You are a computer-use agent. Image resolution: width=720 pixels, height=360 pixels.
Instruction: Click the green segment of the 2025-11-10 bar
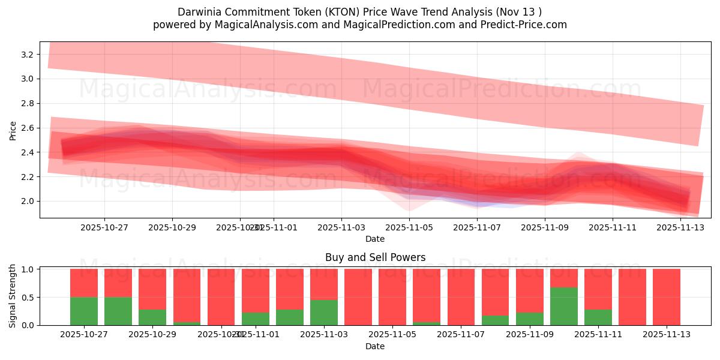(x=563, y=307)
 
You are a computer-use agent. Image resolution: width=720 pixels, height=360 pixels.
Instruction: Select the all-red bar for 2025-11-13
(x=666, y=297)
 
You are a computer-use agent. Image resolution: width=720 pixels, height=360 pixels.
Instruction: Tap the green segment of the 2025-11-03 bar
(x=324, y=313)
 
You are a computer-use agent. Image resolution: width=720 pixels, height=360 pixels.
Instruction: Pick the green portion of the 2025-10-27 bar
(x=84, y=311)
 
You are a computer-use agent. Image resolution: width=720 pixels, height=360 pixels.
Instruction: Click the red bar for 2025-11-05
(x=392, y=297)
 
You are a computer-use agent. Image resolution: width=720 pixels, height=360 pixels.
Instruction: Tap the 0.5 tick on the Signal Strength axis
(x=28, y=298)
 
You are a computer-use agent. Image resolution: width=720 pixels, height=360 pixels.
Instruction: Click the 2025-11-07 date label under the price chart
(x=477, y=228)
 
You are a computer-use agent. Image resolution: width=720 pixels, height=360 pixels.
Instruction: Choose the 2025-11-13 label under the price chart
(x=680, y=228)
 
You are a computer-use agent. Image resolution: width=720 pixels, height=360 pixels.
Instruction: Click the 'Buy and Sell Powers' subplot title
(x=375, y=257)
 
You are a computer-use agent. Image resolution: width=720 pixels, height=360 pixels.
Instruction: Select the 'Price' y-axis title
(x=13, y=130)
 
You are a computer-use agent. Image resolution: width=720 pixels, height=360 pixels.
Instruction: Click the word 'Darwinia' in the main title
(x=199, y=12)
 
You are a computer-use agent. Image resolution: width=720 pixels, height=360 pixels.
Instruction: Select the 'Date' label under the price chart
(x=375, y=239)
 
